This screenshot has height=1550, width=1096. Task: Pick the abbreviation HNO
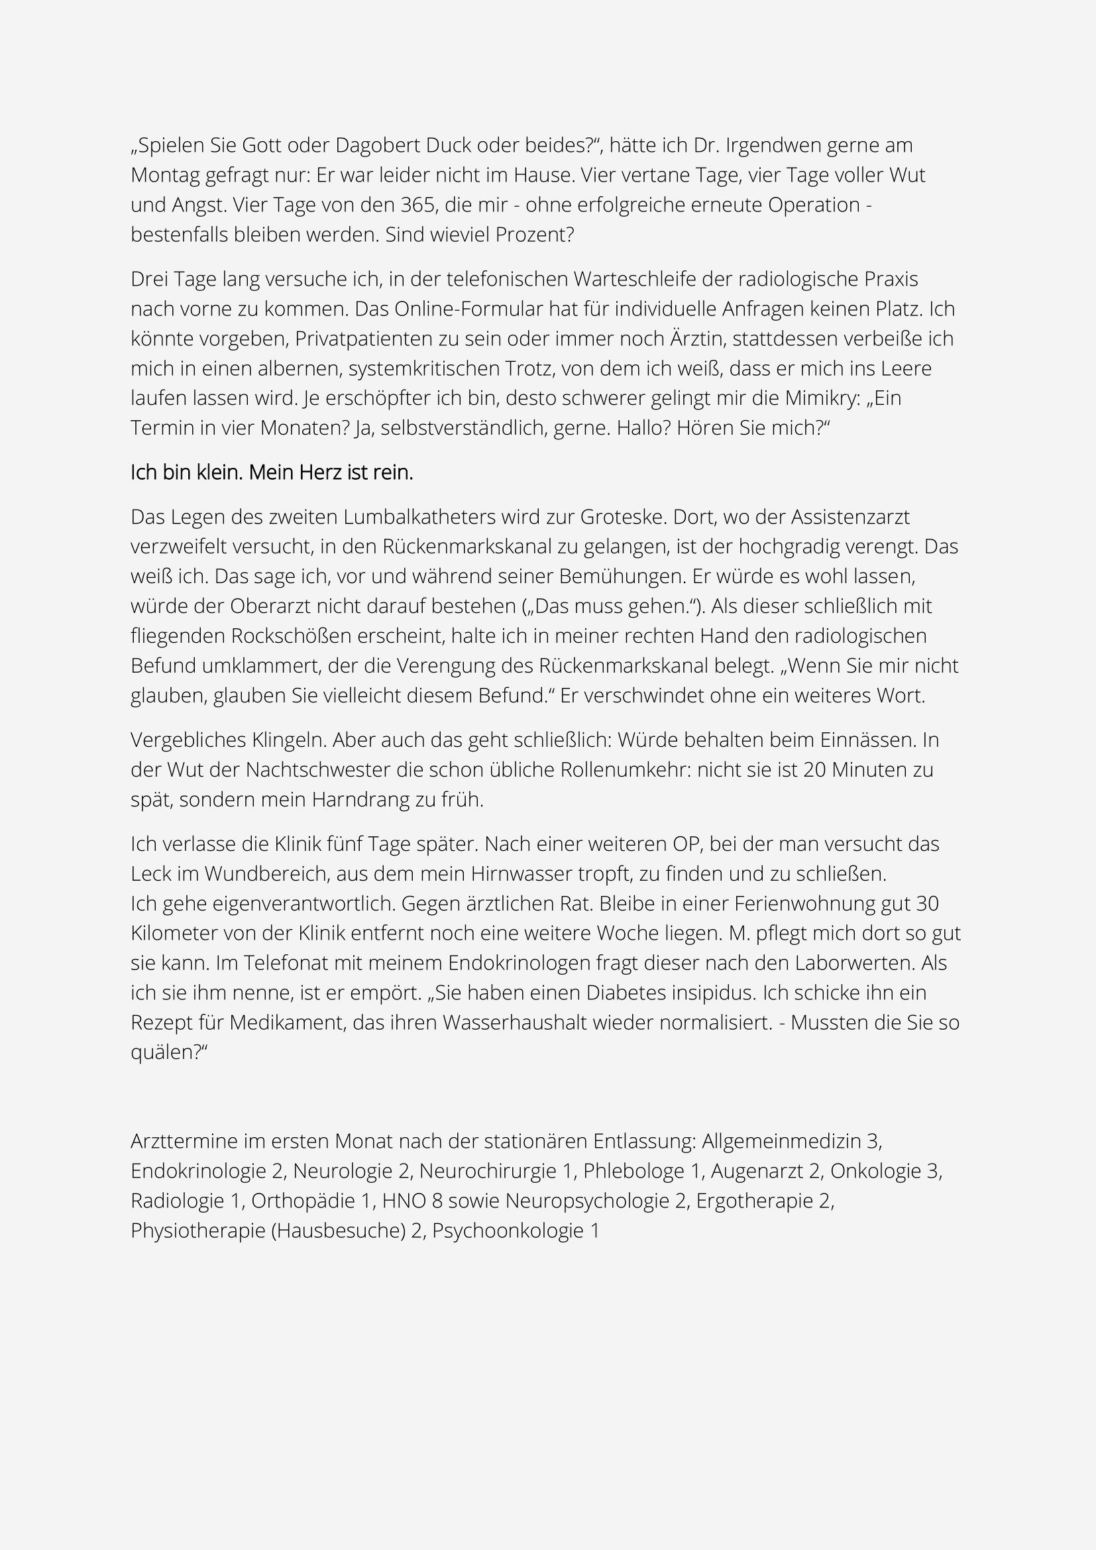click(x=407, y=1201)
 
